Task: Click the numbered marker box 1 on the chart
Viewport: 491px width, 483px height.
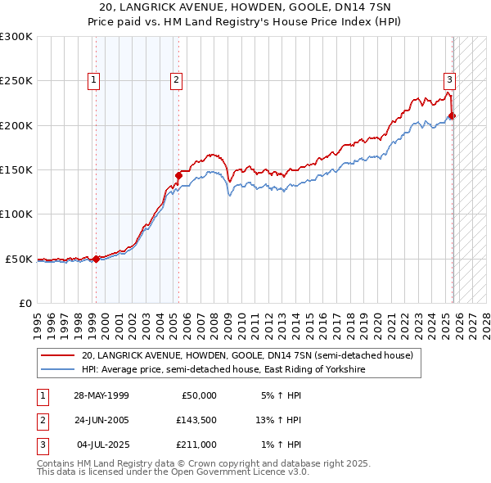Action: (95, 80)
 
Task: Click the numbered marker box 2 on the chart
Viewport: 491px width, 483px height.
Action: (177, 80)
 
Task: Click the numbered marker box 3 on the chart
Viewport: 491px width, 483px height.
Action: (450, 80)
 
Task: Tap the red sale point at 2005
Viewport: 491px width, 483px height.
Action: (178, 175)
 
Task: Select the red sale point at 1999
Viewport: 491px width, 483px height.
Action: (96, 259)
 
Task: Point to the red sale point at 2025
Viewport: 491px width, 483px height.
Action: (453, 115)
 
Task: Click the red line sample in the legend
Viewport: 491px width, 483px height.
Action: (58, 355)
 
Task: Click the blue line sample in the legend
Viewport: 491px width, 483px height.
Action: (58, 370)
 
